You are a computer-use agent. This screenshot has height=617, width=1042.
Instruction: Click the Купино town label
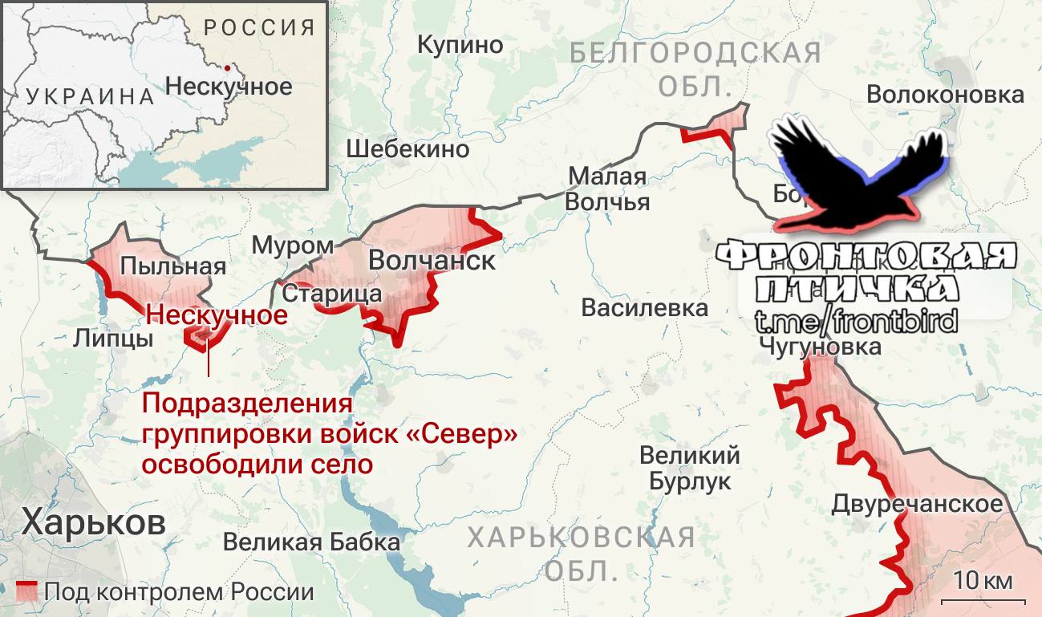460,45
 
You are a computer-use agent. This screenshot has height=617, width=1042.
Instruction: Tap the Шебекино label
407,148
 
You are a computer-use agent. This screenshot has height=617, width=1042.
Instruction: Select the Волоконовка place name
945,95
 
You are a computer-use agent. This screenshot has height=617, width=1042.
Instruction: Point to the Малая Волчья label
606,189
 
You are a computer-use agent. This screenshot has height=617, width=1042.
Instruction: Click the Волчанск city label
432,261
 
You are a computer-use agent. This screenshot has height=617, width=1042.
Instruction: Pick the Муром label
293,246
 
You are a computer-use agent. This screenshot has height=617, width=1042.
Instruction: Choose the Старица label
332,294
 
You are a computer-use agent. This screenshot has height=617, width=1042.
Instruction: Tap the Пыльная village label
172,266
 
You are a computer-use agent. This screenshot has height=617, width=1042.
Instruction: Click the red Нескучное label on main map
217,315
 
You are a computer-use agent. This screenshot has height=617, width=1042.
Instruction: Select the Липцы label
112,338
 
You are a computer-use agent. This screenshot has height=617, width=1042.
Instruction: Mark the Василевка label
645,307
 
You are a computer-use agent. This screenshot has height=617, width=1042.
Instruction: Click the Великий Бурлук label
690,469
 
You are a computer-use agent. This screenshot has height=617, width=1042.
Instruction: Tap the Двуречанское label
917,504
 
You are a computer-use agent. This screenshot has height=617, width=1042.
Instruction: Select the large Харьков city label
94,522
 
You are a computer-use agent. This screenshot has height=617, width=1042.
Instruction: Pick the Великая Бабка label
311,542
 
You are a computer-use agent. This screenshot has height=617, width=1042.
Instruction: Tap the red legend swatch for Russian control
27,592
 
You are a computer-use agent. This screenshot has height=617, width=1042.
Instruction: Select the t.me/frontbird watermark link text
856,322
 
